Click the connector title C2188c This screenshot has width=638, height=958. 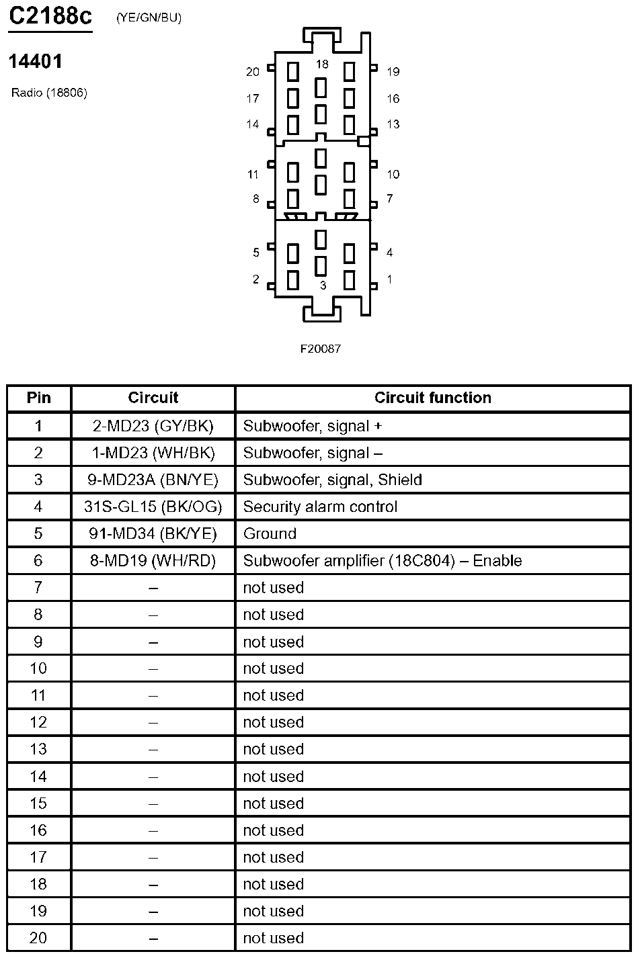(50, 16)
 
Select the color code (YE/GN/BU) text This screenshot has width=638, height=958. (149, 18)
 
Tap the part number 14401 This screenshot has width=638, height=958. (36, 62)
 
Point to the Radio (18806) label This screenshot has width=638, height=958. (49, 93)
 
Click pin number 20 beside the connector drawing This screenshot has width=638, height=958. (253, 72)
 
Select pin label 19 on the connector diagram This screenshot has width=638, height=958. (393, 72)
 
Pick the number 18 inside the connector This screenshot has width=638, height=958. (322, 64)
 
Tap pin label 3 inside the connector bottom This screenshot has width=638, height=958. (323, 286)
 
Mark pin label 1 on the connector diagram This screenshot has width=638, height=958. (390, 279)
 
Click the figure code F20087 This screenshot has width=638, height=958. (320, 349)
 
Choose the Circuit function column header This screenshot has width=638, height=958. (433, 398)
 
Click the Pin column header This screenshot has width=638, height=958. (38, 398)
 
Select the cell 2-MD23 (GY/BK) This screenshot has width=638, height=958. (153, 426)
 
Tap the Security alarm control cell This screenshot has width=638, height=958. (320, 507)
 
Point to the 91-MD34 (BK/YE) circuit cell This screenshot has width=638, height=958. (153, 533)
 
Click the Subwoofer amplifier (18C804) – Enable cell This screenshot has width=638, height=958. (382, 560)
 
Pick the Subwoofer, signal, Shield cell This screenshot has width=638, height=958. (332, 480)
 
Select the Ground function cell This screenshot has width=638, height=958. (270, 533)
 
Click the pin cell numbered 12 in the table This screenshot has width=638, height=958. (38, 722)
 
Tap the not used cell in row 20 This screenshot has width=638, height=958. (273, 938)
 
